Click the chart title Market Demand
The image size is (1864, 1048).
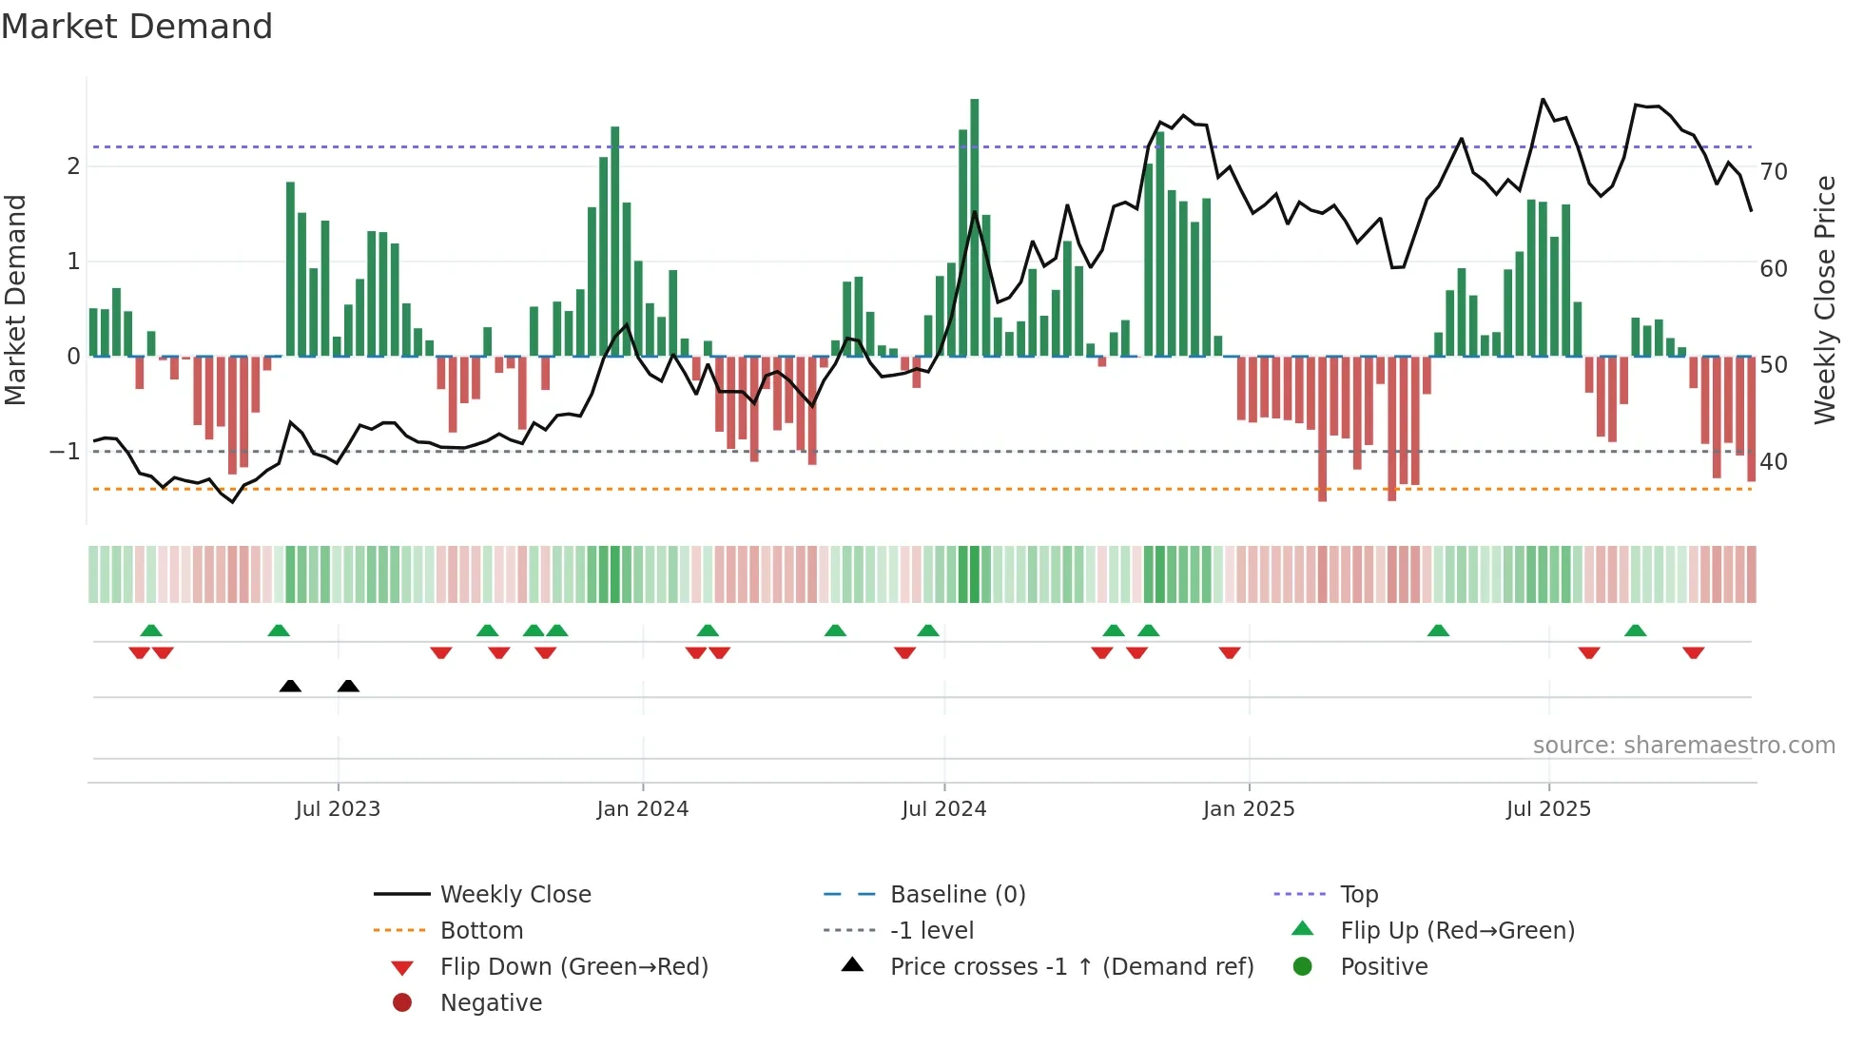137,27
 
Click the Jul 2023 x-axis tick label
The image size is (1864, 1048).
338,809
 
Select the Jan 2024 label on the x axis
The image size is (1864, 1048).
642,809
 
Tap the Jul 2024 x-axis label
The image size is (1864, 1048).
943,809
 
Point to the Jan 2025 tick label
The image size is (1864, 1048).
1248,809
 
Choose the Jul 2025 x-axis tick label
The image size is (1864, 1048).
1548,809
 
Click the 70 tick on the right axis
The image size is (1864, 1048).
1774,172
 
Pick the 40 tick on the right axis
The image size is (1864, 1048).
1774,462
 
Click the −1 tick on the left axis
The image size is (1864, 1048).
65,452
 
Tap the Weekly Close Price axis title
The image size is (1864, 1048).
1824,300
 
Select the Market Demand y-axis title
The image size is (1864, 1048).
15,300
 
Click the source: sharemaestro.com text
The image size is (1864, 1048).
1683,746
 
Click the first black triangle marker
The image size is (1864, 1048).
290,687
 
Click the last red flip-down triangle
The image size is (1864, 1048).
1693,652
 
